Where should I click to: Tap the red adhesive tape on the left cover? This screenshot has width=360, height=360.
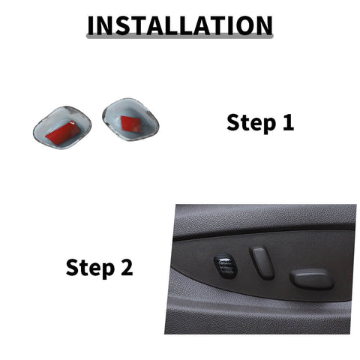click(61, 132)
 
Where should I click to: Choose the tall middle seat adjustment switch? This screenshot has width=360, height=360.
click(262, 262)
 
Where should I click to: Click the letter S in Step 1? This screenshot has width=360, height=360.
click(233, 121)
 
